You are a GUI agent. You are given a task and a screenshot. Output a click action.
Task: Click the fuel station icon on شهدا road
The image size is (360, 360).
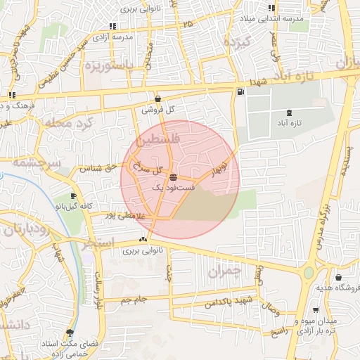240,91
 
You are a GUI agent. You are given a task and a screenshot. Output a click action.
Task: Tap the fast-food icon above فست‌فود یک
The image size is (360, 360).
173,177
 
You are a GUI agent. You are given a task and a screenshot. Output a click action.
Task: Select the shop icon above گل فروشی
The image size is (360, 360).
157,99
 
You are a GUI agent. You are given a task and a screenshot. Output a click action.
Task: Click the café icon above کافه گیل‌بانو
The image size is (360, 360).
73,196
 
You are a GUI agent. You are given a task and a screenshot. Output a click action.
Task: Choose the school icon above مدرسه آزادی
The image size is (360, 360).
112,26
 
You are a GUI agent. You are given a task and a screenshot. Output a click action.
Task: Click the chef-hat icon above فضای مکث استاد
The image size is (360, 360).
69,332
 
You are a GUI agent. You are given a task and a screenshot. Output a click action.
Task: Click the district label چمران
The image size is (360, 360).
225,269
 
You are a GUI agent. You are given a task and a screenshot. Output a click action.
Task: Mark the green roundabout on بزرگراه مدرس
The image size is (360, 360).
307,272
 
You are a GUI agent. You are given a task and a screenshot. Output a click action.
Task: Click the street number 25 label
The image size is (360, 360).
187,25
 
